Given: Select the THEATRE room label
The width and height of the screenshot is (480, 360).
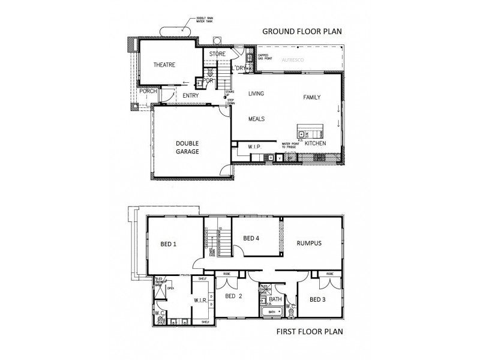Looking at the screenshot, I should click(164, 65).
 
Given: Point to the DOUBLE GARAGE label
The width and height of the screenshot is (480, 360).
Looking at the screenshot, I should click(187, 147).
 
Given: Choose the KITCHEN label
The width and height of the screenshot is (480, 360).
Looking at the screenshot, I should click(315, 144).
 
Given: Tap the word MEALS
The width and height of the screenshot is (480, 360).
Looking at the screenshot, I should click(257, 119).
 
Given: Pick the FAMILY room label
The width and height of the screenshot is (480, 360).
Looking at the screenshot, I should click(312, 97).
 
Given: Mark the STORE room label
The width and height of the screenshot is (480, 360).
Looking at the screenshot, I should click(217, 54).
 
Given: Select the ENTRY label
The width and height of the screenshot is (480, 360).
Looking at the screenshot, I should click(191, 95).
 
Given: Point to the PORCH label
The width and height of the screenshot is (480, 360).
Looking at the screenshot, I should click(148, 91).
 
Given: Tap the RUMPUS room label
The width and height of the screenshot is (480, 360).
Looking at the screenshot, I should click(310, 243).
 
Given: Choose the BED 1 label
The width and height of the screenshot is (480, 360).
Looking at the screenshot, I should click(169, 244).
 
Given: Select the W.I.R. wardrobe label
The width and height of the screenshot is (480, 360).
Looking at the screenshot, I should click(200, 301).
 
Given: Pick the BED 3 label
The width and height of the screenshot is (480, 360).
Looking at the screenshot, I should click(318, 298).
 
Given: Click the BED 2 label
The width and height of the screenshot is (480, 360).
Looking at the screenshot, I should click(233, 296).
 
